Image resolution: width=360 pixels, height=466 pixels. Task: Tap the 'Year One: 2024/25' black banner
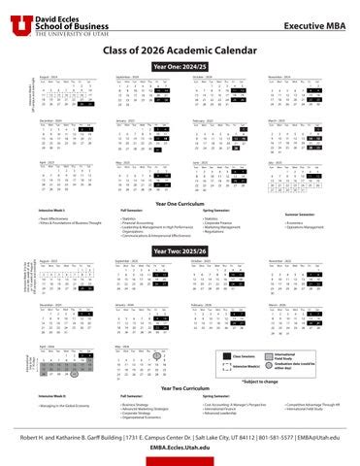[x=180, y=67]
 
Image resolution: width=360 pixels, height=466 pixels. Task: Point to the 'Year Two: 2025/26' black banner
[x=180, y=250]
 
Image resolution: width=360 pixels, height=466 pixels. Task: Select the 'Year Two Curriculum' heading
[x=180, y=386]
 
